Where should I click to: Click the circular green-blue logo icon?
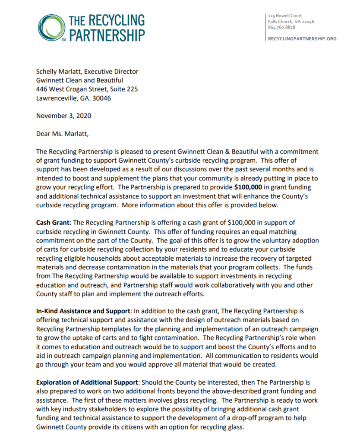tap(51, 28)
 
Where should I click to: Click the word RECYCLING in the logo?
tap(117, 20)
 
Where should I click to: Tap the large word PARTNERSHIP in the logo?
tap(107, 35)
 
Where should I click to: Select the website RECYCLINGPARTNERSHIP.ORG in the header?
tap(302, 39)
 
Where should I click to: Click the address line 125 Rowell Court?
tap(285, 16)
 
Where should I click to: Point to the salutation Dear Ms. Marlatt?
tap(63, 133)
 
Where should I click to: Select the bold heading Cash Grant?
tap(54, 223)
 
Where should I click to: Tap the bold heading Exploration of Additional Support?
tap(88, 382)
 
